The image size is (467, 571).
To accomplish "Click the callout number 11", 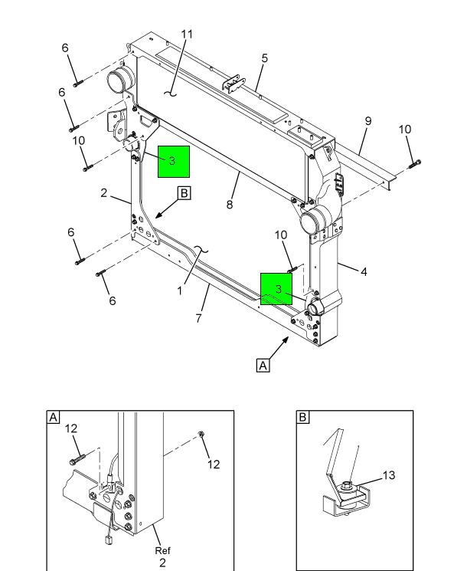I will [187, 34].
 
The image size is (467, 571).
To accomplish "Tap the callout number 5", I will [264, 58].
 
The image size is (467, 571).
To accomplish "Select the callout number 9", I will [367, 121].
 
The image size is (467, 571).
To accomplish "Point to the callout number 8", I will [230, 204].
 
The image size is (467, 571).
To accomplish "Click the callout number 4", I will [364, 271].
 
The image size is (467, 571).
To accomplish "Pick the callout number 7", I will [199, 317].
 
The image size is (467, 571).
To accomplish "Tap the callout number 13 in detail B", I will [389, 476].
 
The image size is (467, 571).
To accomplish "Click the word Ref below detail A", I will [162, 551].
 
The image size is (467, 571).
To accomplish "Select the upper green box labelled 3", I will [173, 161].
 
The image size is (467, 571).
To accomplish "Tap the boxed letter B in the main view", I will [184, 193].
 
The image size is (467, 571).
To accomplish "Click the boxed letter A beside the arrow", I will [263, 366].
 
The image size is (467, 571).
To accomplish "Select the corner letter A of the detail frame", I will [54, 418].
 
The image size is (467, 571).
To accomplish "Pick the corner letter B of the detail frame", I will [303, 418].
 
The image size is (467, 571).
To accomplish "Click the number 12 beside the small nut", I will [214, 464].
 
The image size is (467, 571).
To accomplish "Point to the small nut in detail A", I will [200, 435].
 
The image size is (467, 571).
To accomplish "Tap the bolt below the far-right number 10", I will [415, 162].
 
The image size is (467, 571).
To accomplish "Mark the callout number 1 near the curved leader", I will [180, 290].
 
